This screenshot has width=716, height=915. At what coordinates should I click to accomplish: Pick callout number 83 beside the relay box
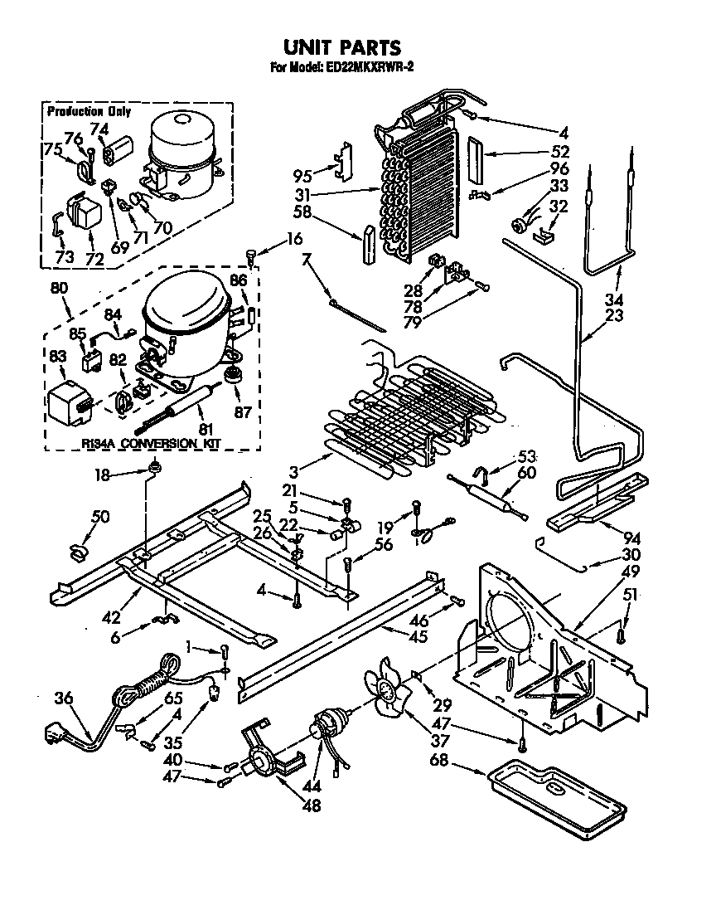click(57, 355)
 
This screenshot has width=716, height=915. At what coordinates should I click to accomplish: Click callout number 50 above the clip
click(99, 518)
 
